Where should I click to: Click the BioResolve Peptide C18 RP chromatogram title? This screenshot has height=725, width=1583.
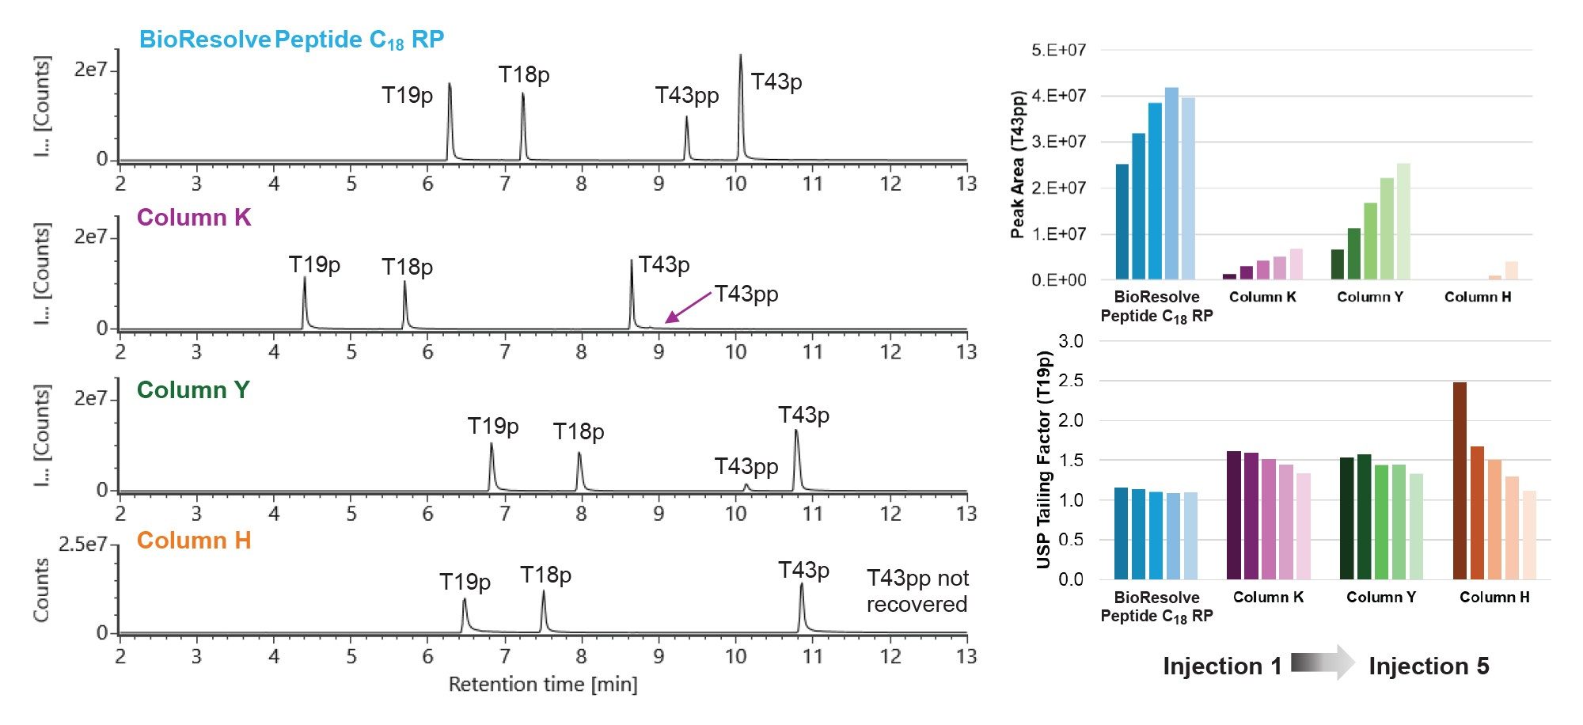click(x=291, y=40)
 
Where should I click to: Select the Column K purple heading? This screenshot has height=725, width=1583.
click(x=193, y=218)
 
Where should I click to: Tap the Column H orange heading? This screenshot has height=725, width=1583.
click(x=193, y=541)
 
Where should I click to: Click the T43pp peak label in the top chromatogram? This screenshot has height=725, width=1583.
click(x=686, y=96)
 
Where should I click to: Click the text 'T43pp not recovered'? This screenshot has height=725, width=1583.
click(x=917, y=591)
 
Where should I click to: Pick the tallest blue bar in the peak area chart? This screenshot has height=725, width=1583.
click(x=1171, y=184)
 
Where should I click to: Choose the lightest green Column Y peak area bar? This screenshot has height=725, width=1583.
click(x=1403, y=222)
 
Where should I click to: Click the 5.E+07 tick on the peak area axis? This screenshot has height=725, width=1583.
click(x=1058, y=51)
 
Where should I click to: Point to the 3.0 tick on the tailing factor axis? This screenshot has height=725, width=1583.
click(x=1070, y=341)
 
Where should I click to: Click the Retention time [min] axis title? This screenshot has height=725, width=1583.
click(x=542, y=684)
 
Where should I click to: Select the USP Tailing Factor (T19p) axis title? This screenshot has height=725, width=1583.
click(x=1044, y=459)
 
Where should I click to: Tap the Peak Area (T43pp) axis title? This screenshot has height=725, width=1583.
click(x=1018, y=165)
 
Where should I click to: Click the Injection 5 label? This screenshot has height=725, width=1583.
click(x=1429, y=666)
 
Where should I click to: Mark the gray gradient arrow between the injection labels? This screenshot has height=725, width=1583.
click(x=1323, y=663)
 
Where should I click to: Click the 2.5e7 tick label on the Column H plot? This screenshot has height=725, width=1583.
click(x=83, y=545)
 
